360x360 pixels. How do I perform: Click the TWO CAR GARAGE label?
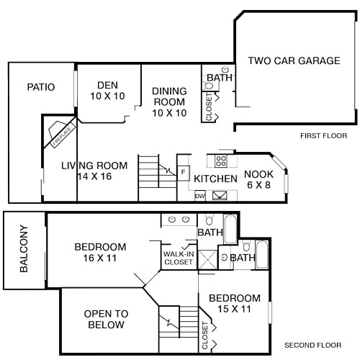[294, 61]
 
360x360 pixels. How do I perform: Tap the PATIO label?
[41, 87]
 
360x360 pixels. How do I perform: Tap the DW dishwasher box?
[199, 194]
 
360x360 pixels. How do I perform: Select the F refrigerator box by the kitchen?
[184, 173]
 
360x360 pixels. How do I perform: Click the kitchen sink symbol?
[220, 194]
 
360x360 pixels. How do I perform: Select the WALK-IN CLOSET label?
[178, 258]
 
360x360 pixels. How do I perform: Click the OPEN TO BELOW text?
[106, 319]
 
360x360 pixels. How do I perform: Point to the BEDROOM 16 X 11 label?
[100, 253]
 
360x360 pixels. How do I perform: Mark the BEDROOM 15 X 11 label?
[234, 304]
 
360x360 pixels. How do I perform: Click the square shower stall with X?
[208, 259]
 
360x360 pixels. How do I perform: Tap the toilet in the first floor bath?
[210, 86]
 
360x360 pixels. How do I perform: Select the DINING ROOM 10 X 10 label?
[169, 102]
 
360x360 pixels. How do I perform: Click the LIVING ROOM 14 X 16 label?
[94, 171]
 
